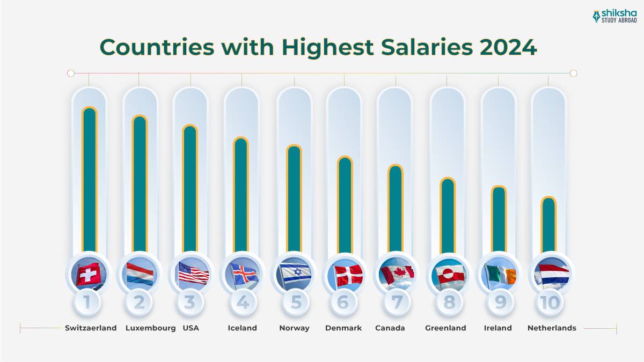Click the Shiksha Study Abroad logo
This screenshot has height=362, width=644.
click(615, 16)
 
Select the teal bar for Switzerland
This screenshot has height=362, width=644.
click(89, 180)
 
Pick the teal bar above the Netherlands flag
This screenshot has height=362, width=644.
click(548, 225)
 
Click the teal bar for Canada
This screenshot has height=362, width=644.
click(396, 209)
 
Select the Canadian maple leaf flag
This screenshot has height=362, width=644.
click(396, 274)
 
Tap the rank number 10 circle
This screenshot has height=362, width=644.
click(550, 302)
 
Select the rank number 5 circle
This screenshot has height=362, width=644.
click(296, 302)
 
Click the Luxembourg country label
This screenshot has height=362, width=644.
click(150, 328)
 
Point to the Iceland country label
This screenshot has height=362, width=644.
click(242, 328)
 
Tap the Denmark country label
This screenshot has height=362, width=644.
click(343, 328)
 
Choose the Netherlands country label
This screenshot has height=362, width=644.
click(552, 328)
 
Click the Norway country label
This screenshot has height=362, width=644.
click(294, 328)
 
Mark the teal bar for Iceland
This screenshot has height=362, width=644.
click(241, 196)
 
